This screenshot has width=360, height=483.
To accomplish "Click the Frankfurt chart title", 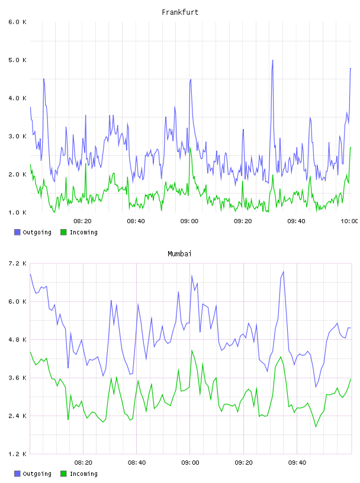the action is [x=180, y=12].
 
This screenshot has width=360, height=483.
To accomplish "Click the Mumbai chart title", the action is [x=179, y=254].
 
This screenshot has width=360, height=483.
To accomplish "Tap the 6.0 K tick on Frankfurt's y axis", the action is [x=17, y=22].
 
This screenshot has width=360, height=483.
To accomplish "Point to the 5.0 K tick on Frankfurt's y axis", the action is [x=17, y=60].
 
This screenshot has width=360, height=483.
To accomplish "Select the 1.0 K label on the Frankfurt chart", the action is [x=17, y=212].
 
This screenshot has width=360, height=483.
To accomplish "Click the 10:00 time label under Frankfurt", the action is [x=349, y=221].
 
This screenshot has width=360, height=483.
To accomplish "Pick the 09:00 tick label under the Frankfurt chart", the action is [x=189, y=221].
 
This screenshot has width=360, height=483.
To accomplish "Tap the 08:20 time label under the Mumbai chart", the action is [x=83, y=463].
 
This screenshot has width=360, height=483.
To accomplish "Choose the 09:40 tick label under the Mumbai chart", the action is [x=297, y=463].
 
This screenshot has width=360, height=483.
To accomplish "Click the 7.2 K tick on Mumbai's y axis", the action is [x=17, y=263].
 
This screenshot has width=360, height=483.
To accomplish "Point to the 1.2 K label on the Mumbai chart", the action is [x=17, y=454].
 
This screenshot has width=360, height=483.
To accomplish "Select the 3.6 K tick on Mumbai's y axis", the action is [x=17, y=378].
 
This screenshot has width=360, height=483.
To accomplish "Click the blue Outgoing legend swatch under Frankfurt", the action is [x=17, y=232].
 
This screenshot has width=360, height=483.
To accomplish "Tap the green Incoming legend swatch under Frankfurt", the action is [x=63, y=232].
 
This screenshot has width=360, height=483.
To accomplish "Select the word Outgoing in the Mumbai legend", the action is [x=37, y=474].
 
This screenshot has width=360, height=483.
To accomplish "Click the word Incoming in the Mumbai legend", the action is [x=83, y=474].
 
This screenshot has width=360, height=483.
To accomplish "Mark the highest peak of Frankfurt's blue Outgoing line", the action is [x=273, y=60].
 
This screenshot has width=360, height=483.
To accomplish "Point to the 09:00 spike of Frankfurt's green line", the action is [x=190, y=147].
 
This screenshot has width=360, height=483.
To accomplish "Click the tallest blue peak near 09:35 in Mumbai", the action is [x=283, y=272].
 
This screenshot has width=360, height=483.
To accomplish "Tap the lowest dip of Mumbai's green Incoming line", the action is [x=316, y=427].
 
